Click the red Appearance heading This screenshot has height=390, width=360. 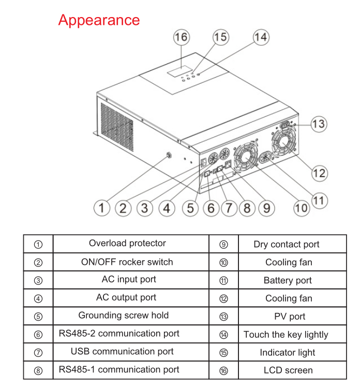click(x=99, y=20)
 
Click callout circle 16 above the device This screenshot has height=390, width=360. click(x=181, y=37)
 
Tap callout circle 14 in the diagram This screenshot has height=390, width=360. click(x=260, y=37)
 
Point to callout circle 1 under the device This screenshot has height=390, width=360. click(x=102, y=208)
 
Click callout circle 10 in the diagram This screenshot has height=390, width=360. click(x=301, y=208)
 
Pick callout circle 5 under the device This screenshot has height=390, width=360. click(x=190, y=208)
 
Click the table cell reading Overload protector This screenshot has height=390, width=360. click(x=127, y=243)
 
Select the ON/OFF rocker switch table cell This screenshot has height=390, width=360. click(x=127, y=262)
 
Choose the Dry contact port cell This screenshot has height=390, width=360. click(x=287, y=244)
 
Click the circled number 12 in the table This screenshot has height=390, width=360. click(x=223, y=298)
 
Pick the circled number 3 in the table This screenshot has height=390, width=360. click(x=38, y=280)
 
